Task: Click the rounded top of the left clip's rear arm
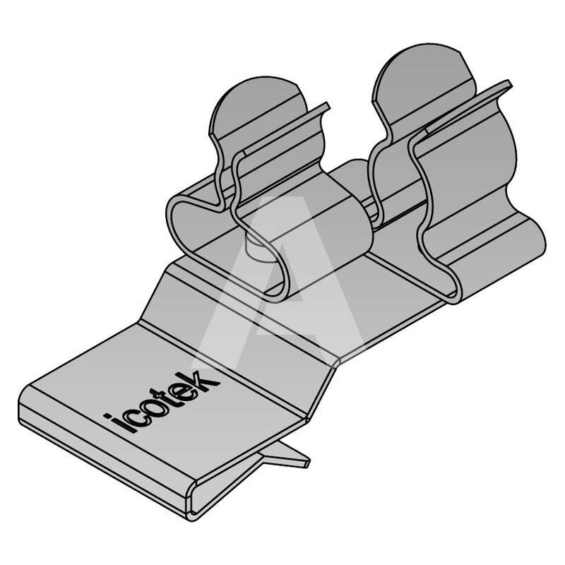click(x=258, y=105)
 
